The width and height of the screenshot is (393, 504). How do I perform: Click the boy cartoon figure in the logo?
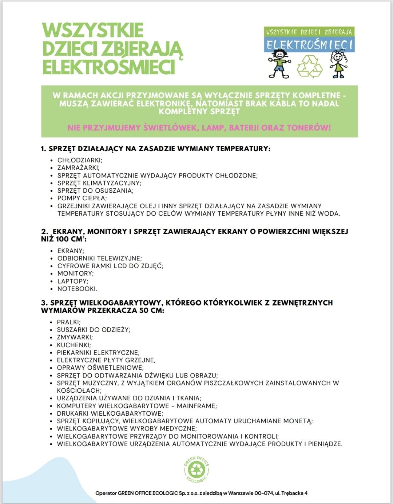(x=279, y=64)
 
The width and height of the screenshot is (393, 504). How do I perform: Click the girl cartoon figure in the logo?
(x=338, y=64)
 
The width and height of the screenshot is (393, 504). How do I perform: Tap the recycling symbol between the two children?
(x=310, y=66)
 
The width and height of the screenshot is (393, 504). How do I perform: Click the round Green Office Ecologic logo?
(x=196, y=469)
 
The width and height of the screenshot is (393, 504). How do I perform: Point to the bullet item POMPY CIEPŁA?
(x=82, y=198)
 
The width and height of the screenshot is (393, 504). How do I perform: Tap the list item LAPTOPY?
(x=73, y=281)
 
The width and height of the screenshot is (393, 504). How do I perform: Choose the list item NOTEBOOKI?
(x=77, y=289)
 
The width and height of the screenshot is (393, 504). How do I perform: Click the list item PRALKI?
(x=69, y=322)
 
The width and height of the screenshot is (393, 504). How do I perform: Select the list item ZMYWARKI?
(x=75, y=337)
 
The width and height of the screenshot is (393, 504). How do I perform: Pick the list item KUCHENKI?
(x=74, y=345)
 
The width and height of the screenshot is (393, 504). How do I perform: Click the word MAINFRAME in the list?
(x=196, y=406)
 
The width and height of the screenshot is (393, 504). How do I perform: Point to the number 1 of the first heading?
(x=43, y=148)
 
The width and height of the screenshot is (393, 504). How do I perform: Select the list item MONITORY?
(x=75, y=273)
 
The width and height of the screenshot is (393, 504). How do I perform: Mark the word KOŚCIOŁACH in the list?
(x=79, y=391)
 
